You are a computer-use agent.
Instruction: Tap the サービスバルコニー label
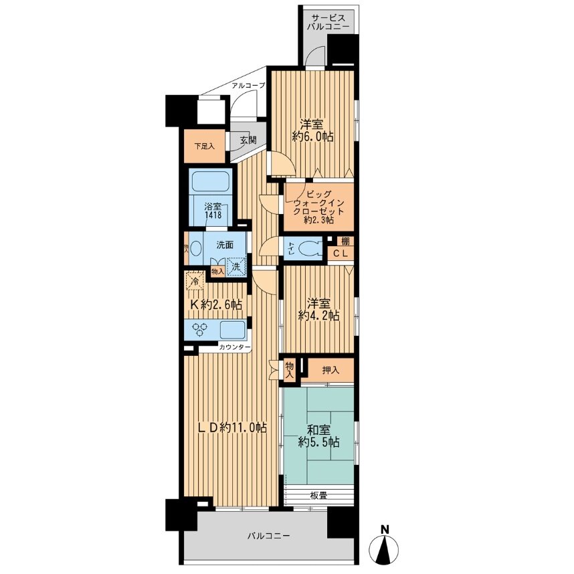(328, 21)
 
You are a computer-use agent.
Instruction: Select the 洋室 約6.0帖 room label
(312, 130)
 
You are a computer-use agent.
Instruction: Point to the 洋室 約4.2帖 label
(318, 309)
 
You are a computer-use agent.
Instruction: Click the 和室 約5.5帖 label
(318, 436)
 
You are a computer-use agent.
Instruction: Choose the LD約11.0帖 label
(232, 427)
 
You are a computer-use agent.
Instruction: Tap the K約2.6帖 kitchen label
(215, 304)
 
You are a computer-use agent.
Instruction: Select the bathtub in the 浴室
(211, 181)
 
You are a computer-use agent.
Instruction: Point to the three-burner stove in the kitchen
(201, 329)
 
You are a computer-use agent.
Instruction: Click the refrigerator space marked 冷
(195, 281)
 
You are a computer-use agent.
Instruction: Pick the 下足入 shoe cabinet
(204, 146)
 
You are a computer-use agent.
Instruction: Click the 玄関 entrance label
(248, 140)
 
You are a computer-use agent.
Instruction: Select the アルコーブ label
(248, 86)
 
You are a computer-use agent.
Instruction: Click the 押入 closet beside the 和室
(330, 371)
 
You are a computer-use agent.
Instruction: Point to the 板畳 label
(318, 496)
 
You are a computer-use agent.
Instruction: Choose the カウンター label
(234, 347)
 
